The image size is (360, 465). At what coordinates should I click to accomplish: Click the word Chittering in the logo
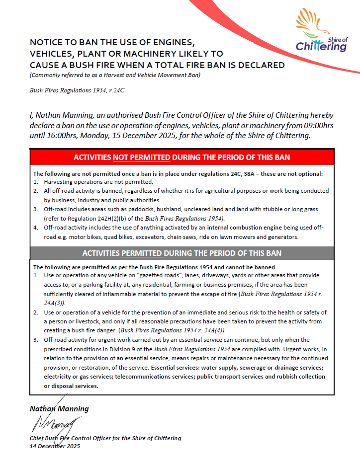click(321, 47)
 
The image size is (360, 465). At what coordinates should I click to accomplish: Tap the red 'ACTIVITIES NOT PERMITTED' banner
click(182, 157)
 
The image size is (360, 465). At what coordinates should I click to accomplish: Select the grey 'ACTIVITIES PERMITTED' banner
click(182, 253)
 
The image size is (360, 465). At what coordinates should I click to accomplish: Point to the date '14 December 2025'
click(55, 446)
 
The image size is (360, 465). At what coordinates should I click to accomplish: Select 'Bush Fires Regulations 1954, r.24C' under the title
click(77, 90)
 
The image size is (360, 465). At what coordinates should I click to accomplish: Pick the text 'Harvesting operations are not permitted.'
click(98, 182)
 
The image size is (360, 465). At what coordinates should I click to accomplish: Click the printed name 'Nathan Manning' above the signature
click(59, 408)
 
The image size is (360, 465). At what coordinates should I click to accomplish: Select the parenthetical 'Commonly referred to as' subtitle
click(115, 75)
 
